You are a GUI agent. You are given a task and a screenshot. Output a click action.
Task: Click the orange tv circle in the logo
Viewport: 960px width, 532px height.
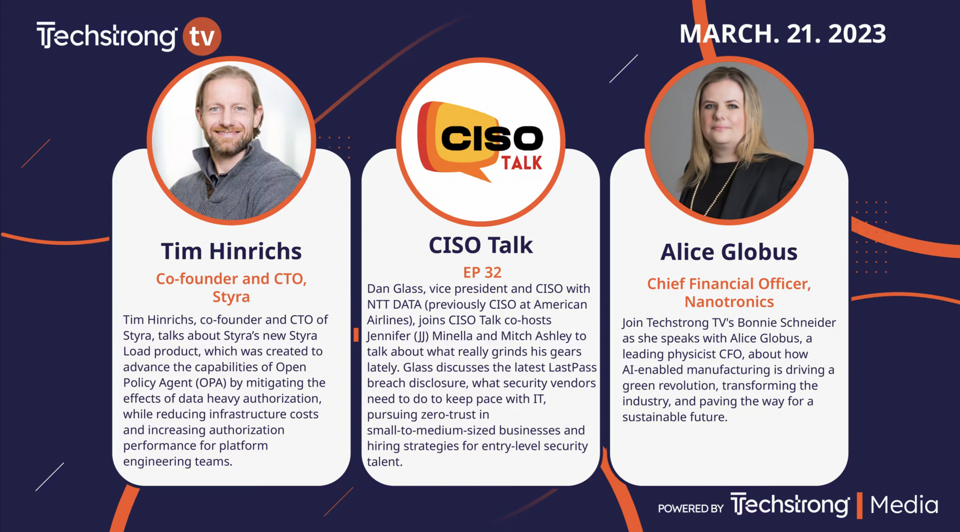tap(202, 36)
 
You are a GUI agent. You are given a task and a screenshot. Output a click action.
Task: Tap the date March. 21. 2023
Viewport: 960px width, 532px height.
tap(782, 34)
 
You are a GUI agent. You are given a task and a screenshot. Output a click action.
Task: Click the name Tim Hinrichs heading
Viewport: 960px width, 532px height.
tap(231, 251)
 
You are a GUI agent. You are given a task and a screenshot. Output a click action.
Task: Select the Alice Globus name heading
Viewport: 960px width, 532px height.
tap(729, 252)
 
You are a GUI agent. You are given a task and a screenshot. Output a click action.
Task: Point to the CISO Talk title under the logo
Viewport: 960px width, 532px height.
tap(480, 245)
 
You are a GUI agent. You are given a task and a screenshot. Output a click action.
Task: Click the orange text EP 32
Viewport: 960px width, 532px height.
tap(482, 272)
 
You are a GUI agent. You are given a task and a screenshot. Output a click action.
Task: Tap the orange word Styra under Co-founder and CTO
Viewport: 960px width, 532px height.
tap(231, 297)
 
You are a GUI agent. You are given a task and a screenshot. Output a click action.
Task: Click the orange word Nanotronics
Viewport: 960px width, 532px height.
tap(729, 302)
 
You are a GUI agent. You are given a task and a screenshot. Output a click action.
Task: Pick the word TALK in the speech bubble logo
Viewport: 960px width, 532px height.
tap(522, 163)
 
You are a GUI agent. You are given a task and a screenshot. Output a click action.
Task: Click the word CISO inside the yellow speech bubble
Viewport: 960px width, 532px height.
tap(491, 138)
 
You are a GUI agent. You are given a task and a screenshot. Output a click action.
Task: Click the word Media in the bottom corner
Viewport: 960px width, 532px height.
tap(904, 505)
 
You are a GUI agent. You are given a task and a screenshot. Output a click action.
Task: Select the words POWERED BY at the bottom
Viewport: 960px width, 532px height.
tap(690, 509)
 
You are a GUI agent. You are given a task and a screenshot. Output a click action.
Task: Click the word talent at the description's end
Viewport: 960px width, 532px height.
tap(384, 462)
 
